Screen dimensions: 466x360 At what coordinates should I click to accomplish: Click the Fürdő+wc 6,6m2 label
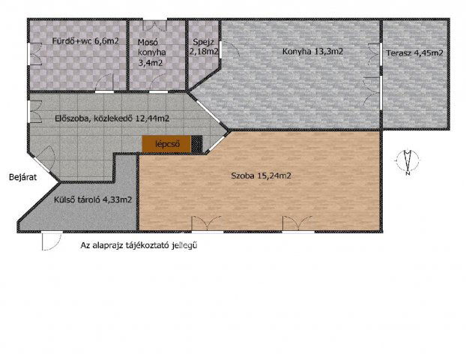[85, 40]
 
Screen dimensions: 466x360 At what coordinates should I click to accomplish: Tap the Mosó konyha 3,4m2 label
[151, 52]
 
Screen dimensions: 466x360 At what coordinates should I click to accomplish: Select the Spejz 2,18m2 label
[205, 46]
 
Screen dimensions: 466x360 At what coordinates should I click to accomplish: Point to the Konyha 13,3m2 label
[312, 52]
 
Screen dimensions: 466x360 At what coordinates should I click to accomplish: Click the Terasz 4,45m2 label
[414, 53]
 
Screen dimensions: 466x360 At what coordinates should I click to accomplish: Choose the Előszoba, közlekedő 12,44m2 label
[112, 118]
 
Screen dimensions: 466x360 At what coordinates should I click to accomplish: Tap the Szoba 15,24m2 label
[261, 175]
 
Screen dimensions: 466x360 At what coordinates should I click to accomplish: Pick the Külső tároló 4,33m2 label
[93, 199]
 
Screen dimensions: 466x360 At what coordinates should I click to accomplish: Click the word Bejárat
[23, 177]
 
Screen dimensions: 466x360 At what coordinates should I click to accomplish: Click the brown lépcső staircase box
[166, 144]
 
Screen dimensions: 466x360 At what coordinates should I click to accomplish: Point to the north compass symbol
[408, 161]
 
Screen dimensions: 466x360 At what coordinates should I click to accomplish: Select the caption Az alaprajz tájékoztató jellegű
[139, 246]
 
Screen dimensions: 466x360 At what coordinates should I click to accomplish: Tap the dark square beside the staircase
[196, 144]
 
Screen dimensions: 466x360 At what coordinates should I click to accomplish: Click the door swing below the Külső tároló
[52, 241]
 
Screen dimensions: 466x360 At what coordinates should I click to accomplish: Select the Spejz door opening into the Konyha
[229, 49]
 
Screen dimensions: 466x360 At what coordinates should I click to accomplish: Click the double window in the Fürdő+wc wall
[35, 54]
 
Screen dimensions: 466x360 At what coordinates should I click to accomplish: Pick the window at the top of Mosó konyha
[155, 25]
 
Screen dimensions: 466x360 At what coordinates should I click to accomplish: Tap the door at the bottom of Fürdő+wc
[104, 83]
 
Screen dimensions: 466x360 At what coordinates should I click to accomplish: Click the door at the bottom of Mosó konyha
[158, 83]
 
